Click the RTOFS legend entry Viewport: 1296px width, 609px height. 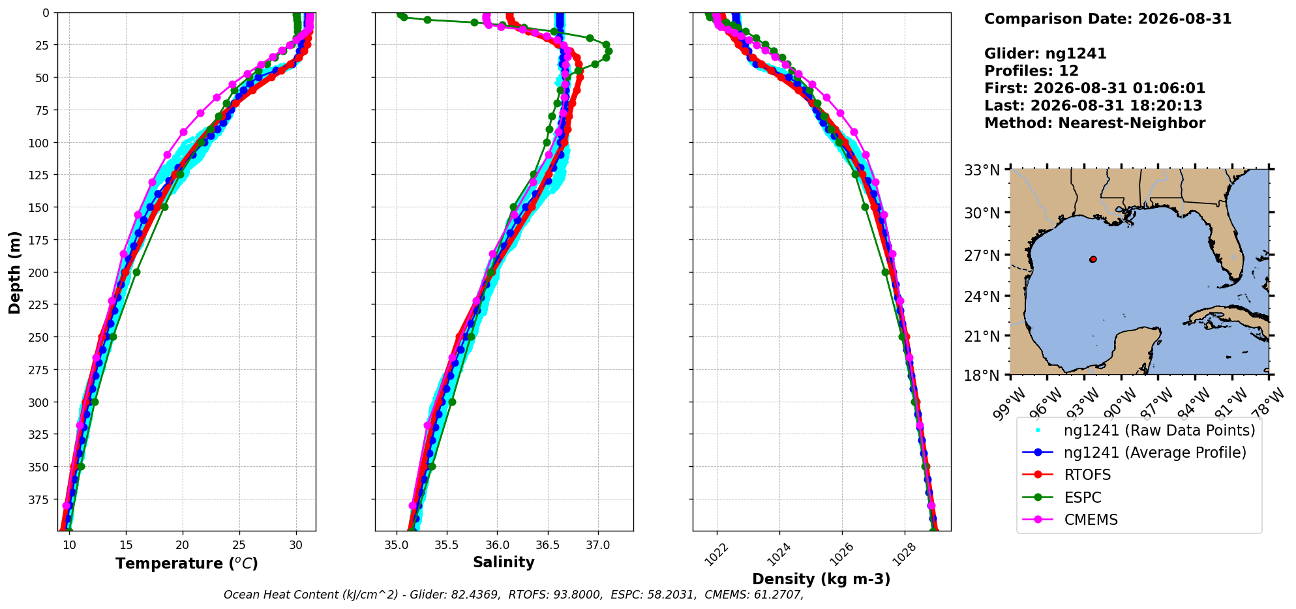[1066, 475]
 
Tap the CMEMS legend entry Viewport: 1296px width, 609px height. [1070, 520]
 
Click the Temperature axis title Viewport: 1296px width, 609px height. [187, 563]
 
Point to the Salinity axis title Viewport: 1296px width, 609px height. [504, 562]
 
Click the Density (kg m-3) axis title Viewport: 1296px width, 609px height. [821, 579]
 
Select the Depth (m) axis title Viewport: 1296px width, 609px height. [14, 272]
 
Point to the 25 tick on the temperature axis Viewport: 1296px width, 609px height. [239, 545]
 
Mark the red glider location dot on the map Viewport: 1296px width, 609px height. [1093, 259]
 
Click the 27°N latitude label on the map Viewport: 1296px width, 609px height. [982, 256]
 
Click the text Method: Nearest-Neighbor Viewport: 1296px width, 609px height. [1094, 123]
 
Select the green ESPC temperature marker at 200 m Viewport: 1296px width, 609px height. [136, 272]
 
